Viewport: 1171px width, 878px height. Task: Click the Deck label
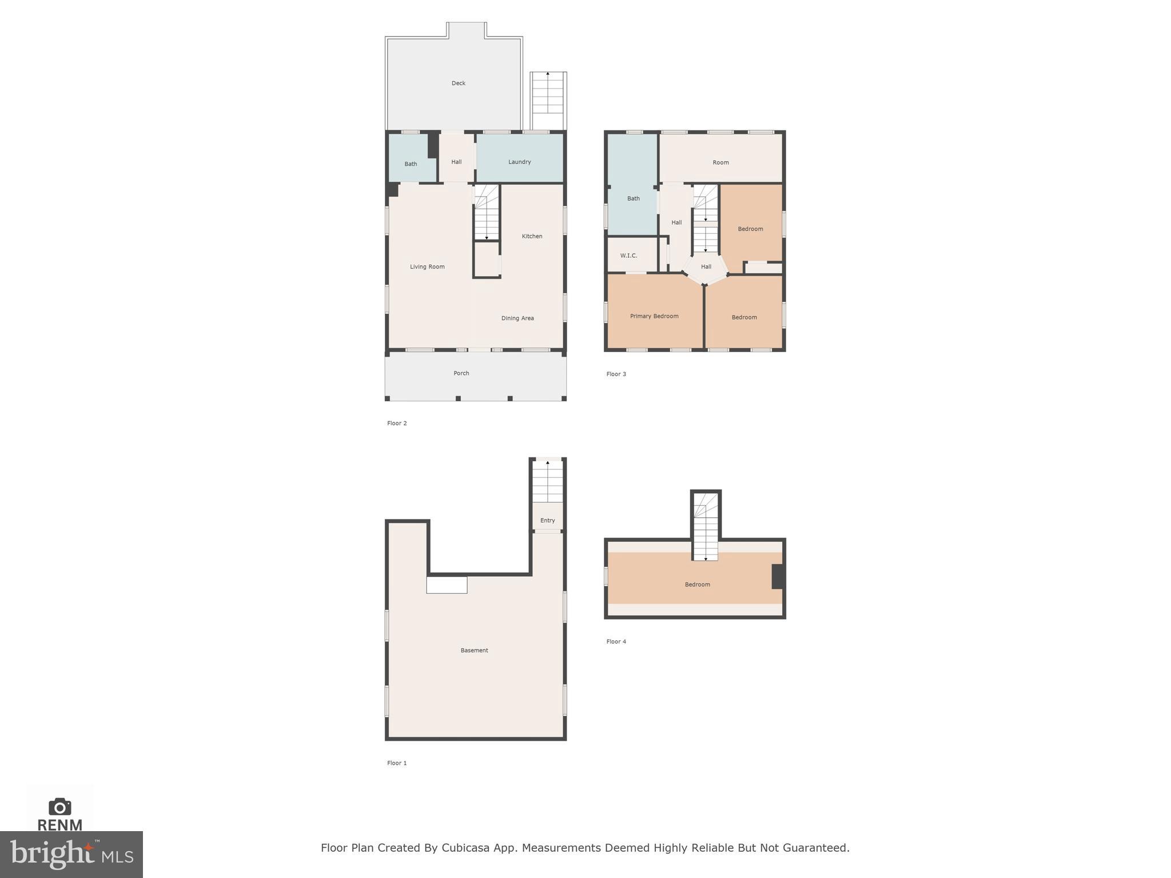(x=458, y=83)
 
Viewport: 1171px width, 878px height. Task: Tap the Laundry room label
(x=519, y=162)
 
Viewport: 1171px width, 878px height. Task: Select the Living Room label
(x=427, y=267)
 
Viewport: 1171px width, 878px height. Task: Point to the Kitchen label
(x=532, y=237)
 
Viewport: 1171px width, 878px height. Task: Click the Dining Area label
(x=517, y=318)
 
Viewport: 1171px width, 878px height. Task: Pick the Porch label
(x=461, y=373)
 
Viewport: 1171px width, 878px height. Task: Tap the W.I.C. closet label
(x=628, y=256)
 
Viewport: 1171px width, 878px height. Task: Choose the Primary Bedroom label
(x=654, y=316)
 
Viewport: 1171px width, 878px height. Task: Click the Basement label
(x=474, y=650)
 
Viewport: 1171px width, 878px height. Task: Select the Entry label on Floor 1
(x=547, y=521)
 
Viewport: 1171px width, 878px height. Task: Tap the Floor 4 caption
(x=616, y=642)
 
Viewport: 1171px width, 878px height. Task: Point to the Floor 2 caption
(x=397, y=424)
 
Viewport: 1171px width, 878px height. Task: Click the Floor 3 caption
(x=616, y=374)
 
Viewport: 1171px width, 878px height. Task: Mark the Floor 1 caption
(x=397, y=763)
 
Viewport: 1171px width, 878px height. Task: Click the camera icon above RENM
(x=59, y=807)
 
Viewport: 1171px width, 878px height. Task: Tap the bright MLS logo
(x=71, y=855)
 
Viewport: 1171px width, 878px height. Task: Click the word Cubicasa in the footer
(x=465, y=848)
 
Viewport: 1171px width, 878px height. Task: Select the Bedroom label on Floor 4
(x=697, y=585)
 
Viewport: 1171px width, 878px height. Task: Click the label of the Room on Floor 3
(x=720, y=163)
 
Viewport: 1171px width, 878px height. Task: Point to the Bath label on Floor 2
(x=411, y=164)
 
